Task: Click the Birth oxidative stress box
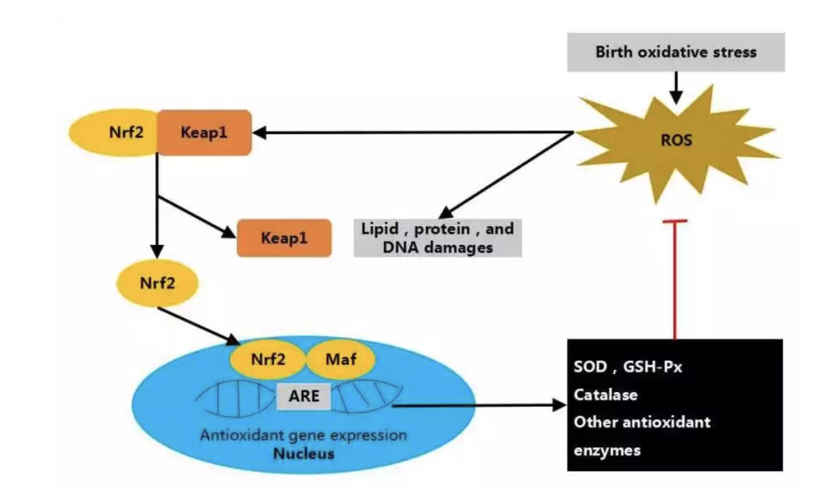(676, 52)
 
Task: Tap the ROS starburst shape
(676, 141)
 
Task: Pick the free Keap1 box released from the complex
(284, 238)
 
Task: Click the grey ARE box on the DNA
(304, 395)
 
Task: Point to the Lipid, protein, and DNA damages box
(438, 238)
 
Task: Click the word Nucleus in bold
(304, 454)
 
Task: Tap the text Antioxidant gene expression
(304, 436)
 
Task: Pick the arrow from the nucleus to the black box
(476, 405)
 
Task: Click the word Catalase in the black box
(606, 395)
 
